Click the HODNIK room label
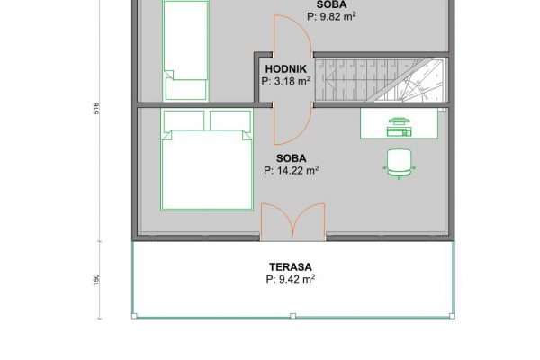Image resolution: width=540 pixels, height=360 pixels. pyautogui.click(x=286, y=69)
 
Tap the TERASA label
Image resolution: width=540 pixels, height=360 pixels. pyautogui.click(x=291, y=267)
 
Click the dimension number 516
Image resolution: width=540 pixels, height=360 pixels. pyautogui.click(x=96, y=109)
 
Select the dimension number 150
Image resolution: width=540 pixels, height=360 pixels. pyautogui.click(x=96, y=279)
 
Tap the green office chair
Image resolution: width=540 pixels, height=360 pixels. pyautogui.click(x=399, y=164)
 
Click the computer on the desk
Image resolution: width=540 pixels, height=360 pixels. pyautogui.click(x=399, y=127)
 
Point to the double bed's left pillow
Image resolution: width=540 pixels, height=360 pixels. pyautogui.click(x=184, y=121)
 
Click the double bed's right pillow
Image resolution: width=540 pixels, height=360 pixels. pyautogui.click(x=230, y=121)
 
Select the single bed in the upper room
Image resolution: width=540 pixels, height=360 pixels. pyautogui.click(x=185, y=50)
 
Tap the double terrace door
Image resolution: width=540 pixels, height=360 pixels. pyautogui.click(x=292, y=220)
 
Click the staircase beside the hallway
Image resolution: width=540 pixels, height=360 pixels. pyautogui.click(x=380, y=80)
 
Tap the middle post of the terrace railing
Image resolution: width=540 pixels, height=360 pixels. pyautogui.click(x=292, y=316)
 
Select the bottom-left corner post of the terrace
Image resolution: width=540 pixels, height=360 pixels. pyautogui.click(x=134, y=316)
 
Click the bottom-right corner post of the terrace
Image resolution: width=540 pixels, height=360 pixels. pyautogui.click(x=452, y=316)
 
